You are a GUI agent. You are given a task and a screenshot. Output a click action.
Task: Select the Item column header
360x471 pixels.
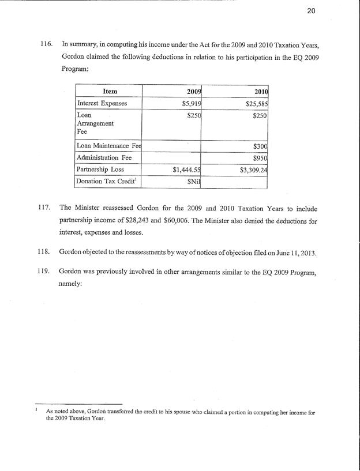(x=110, y=91)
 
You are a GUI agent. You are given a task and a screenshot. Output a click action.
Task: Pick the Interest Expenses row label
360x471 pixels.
(x=102, y=103)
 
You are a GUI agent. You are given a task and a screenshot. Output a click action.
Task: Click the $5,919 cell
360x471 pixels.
(x=190, y=103)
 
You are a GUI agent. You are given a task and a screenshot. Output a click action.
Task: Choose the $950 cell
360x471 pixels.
(x=261, y=158)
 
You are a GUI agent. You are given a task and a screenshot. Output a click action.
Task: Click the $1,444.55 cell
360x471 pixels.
(x=186, y=170)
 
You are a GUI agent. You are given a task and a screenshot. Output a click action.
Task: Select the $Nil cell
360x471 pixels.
(x=192, y=182)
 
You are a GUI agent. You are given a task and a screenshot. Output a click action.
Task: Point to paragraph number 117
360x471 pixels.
(x=47, y=208)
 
